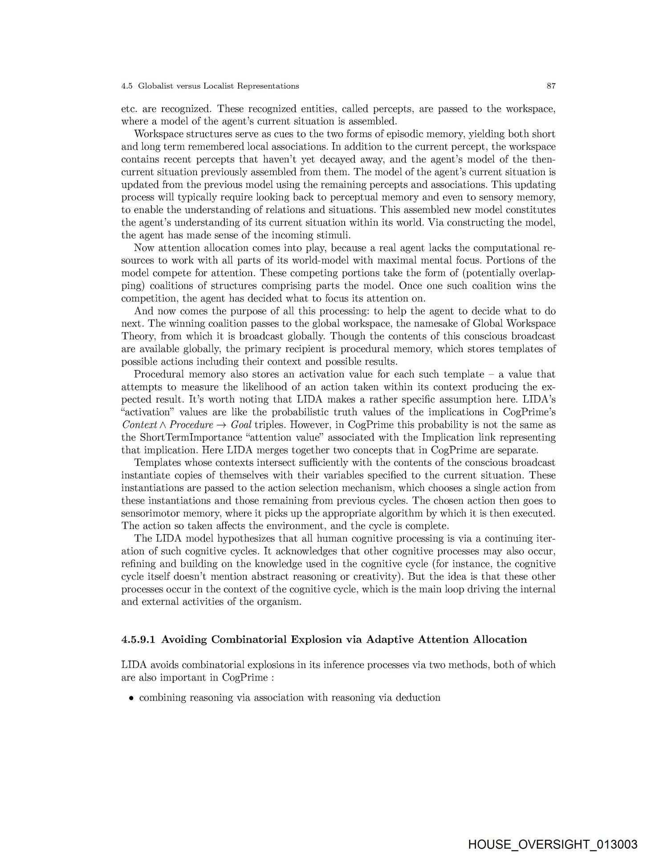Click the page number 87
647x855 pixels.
(551, 86)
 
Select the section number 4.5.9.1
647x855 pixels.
(139, 640)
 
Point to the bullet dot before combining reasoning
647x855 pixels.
(131, 698)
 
